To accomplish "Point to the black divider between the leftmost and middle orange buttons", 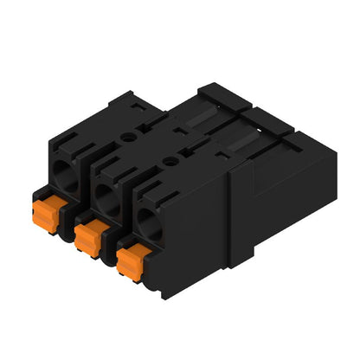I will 72,227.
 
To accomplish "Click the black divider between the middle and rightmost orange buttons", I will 111,252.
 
